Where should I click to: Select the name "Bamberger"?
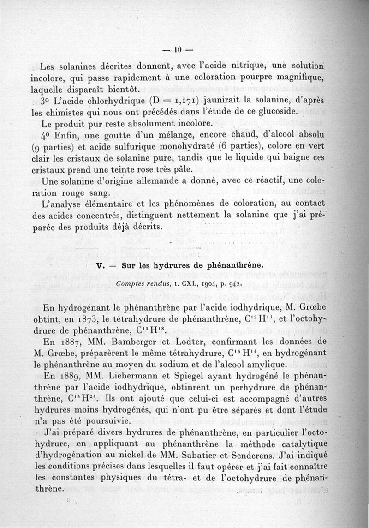pyautogui.click(x=144, y=342)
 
